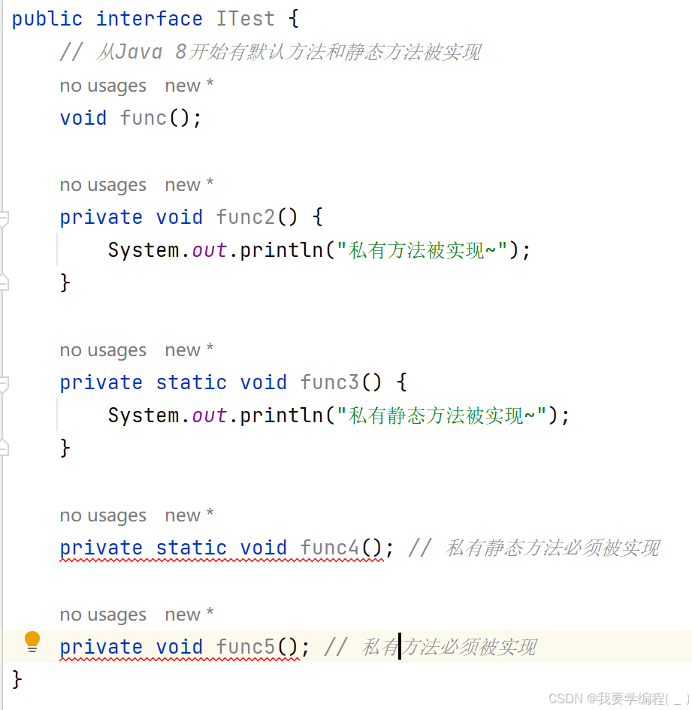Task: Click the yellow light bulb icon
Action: click(x=32, y=641)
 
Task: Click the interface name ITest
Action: click(x=245, y=19)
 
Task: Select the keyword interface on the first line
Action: click(x=149, y=19)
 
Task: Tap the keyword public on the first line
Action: click(x=47, y=20)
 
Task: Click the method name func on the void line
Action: click(x=144, y=118)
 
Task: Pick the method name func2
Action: click(x=246, y=217)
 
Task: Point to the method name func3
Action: click(x=330, y=382)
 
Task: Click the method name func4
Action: click(x=330, y=548)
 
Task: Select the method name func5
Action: click(x=246, y=647)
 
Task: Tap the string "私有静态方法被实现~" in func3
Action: click(x=442, y=415)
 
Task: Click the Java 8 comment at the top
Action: click(x=270, y=52)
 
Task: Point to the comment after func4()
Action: click(x=534, y=548)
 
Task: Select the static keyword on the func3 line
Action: click(x=191, y=382)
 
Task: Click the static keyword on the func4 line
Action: click(x=191, y=548)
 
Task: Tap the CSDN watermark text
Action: click(x=619, y=698)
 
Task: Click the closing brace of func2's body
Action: click(x=65, y=282)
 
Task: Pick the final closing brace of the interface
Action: click(x=17, y=679)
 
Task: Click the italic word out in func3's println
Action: click(x=209, y=415)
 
